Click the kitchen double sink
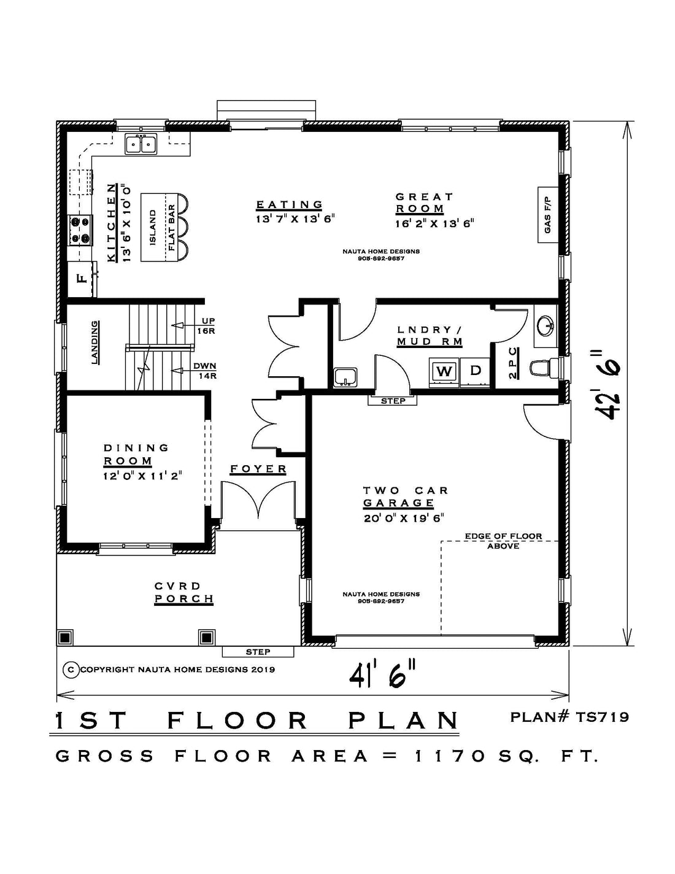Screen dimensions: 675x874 (141, 144)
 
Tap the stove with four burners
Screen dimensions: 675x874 (80, 230)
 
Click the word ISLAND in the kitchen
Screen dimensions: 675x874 (153, 227)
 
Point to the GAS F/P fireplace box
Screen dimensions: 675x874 (548, 215)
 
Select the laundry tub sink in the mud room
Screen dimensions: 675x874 (345, 377)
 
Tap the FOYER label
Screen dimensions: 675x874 (258, 469)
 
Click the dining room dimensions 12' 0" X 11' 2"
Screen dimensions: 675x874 (143, 476)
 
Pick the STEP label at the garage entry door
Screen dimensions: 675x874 (393, 401)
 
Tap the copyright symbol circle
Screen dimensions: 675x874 (71, 669)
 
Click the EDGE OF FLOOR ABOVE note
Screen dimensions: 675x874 (503, 541)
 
